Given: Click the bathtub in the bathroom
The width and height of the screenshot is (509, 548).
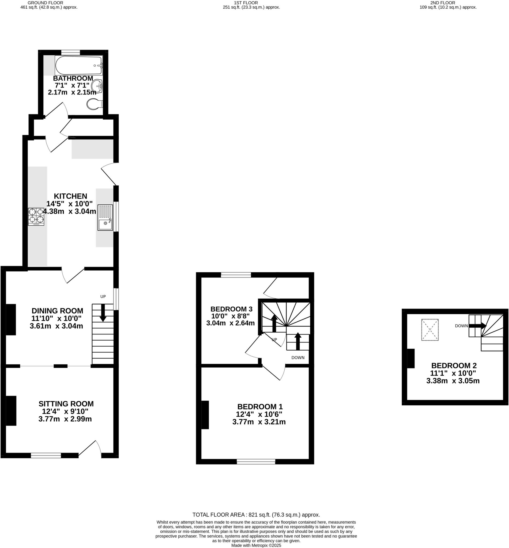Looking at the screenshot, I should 78,66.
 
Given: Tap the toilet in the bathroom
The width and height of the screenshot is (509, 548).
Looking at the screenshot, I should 94,104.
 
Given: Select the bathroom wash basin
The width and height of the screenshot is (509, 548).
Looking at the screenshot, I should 97,86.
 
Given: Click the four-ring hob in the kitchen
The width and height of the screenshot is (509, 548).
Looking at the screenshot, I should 36,217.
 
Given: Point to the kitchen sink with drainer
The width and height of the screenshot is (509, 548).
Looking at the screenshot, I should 105,218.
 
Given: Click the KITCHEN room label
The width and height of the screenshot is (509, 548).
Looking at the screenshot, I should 70,196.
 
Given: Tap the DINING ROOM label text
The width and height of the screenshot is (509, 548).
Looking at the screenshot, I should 57,311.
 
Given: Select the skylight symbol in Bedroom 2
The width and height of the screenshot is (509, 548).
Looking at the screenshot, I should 430,330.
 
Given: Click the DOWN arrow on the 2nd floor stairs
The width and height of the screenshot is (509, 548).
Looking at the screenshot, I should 478,326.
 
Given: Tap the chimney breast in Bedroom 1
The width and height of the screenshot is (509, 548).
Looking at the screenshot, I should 205,415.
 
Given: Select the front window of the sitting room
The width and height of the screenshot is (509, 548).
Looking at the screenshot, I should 46,455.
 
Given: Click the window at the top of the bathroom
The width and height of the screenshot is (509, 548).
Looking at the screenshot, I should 70,52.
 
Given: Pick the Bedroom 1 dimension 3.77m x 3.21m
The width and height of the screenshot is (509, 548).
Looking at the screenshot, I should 259,422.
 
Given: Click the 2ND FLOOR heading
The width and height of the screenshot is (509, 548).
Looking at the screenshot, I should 448,3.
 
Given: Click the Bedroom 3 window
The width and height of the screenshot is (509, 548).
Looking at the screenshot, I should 236,275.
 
